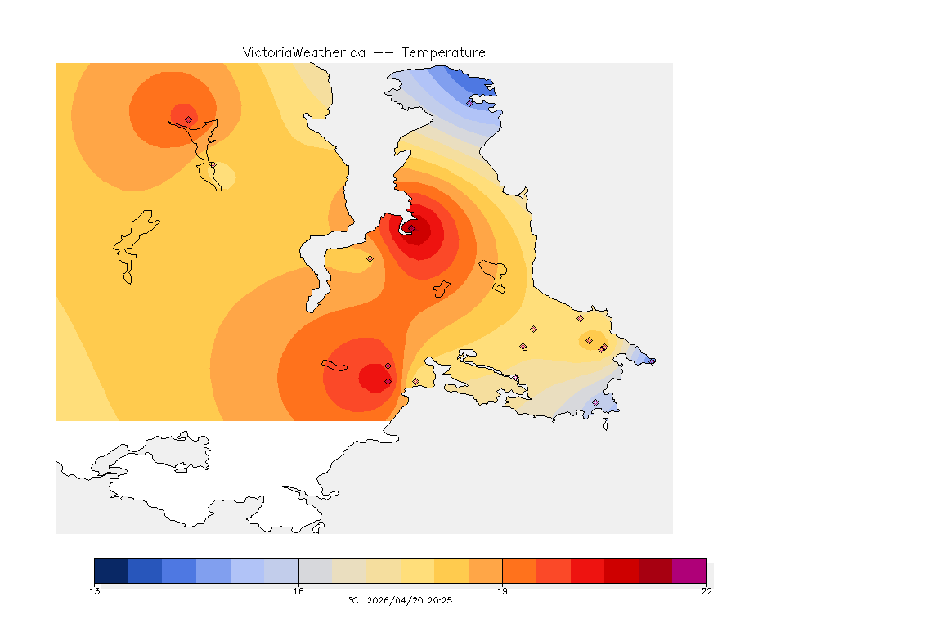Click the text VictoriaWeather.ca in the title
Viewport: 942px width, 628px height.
pos(303,52)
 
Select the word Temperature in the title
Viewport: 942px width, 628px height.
pos(443,52)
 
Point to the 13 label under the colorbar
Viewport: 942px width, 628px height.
pos(95,591)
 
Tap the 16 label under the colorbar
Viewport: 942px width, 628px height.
pos(298,591)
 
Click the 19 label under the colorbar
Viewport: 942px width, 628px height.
pos(502,591)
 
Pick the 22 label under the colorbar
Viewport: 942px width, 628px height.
pos(706,591)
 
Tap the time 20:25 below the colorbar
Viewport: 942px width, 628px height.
pos(440,600)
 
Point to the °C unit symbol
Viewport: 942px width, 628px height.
pos(353,600)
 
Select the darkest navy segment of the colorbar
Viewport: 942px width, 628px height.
pos(111,571)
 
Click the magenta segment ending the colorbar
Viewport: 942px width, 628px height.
pos(689,571)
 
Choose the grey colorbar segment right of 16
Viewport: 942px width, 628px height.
pos(316,571)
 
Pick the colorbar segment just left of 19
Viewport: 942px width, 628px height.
pos(485,571)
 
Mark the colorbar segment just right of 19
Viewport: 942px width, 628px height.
pos(519,571)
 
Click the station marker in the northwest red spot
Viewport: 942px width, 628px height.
pos(188,119)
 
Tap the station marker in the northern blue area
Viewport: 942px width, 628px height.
pos(469,103)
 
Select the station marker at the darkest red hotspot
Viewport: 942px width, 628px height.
pos(412,229)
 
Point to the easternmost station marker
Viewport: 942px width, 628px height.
pos(652,361)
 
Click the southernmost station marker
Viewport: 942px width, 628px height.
pos(595,402)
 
